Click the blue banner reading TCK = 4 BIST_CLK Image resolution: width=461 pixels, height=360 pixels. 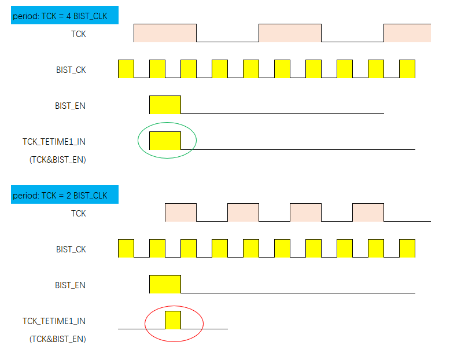pos(64,16)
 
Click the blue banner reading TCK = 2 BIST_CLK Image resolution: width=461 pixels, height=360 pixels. pos(64,195)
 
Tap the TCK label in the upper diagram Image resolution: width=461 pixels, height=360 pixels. pos(78,34)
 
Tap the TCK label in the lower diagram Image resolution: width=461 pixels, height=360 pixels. pos(78,214)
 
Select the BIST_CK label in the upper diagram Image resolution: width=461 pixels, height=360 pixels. pos(71,70)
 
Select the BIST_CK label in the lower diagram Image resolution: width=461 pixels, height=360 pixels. pos(71,249)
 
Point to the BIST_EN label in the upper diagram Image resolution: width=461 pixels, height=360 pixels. pos(71,106)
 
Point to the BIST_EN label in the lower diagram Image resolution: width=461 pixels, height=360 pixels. pos(71,285)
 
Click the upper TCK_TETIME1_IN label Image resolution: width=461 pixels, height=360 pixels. pos(54,141)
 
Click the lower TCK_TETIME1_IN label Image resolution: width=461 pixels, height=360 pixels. pos(54,321)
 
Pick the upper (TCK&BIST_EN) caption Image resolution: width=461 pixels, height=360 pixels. pos(57,160)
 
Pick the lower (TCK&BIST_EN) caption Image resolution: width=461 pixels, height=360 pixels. pos(57,339)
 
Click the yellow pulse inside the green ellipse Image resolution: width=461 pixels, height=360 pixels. pos(165,141)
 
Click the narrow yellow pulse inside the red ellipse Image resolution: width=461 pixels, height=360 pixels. pos(173,320)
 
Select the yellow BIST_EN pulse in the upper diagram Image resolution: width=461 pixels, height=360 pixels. pos(165,105)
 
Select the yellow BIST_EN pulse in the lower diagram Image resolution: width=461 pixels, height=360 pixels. pos(165,284)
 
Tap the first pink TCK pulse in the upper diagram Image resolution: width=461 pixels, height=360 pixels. pos(165,33)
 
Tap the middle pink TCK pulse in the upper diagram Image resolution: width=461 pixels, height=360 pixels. pos(290,33)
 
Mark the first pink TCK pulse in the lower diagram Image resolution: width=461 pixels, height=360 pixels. pos(180,212)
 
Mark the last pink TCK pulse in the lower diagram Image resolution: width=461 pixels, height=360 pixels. pos(368,212)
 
